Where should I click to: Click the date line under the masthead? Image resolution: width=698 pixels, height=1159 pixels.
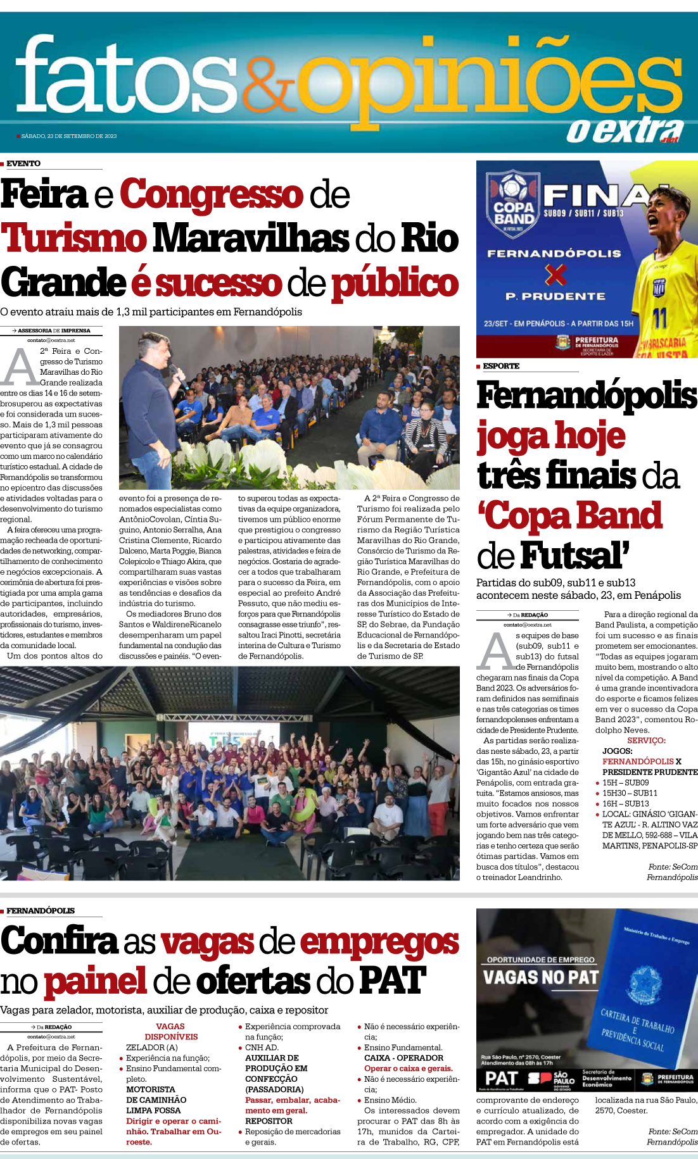[x=68, y=136]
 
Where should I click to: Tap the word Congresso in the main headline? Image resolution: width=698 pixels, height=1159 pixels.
[x=212, y=194]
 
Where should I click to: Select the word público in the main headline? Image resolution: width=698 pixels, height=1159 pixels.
[x=395, y=283]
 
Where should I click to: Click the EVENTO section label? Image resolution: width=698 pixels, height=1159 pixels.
[x=23, y=163]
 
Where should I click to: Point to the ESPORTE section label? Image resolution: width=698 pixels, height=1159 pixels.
[x=500, y=366]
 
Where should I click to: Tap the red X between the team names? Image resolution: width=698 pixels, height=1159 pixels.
[x=555, y=275]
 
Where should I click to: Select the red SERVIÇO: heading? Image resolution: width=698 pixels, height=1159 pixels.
[x=646, y=740]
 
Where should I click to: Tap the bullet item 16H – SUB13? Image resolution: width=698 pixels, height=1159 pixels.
[x=625, y=803]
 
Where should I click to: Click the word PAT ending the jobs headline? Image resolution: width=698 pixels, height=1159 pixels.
[x=392, y=980]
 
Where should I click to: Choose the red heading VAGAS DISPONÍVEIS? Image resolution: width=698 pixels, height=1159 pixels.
[x=170, y=1031]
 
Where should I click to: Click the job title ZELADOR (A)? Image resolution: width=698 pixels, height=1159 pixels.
[x=152, y=1047]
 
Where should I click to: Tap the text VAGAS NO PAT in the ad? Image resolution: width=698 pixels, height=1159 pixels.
[x=540, y=977]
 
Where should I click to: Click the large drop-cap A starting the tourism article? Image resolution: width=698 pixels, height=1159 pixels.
[x=18, y=367]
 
